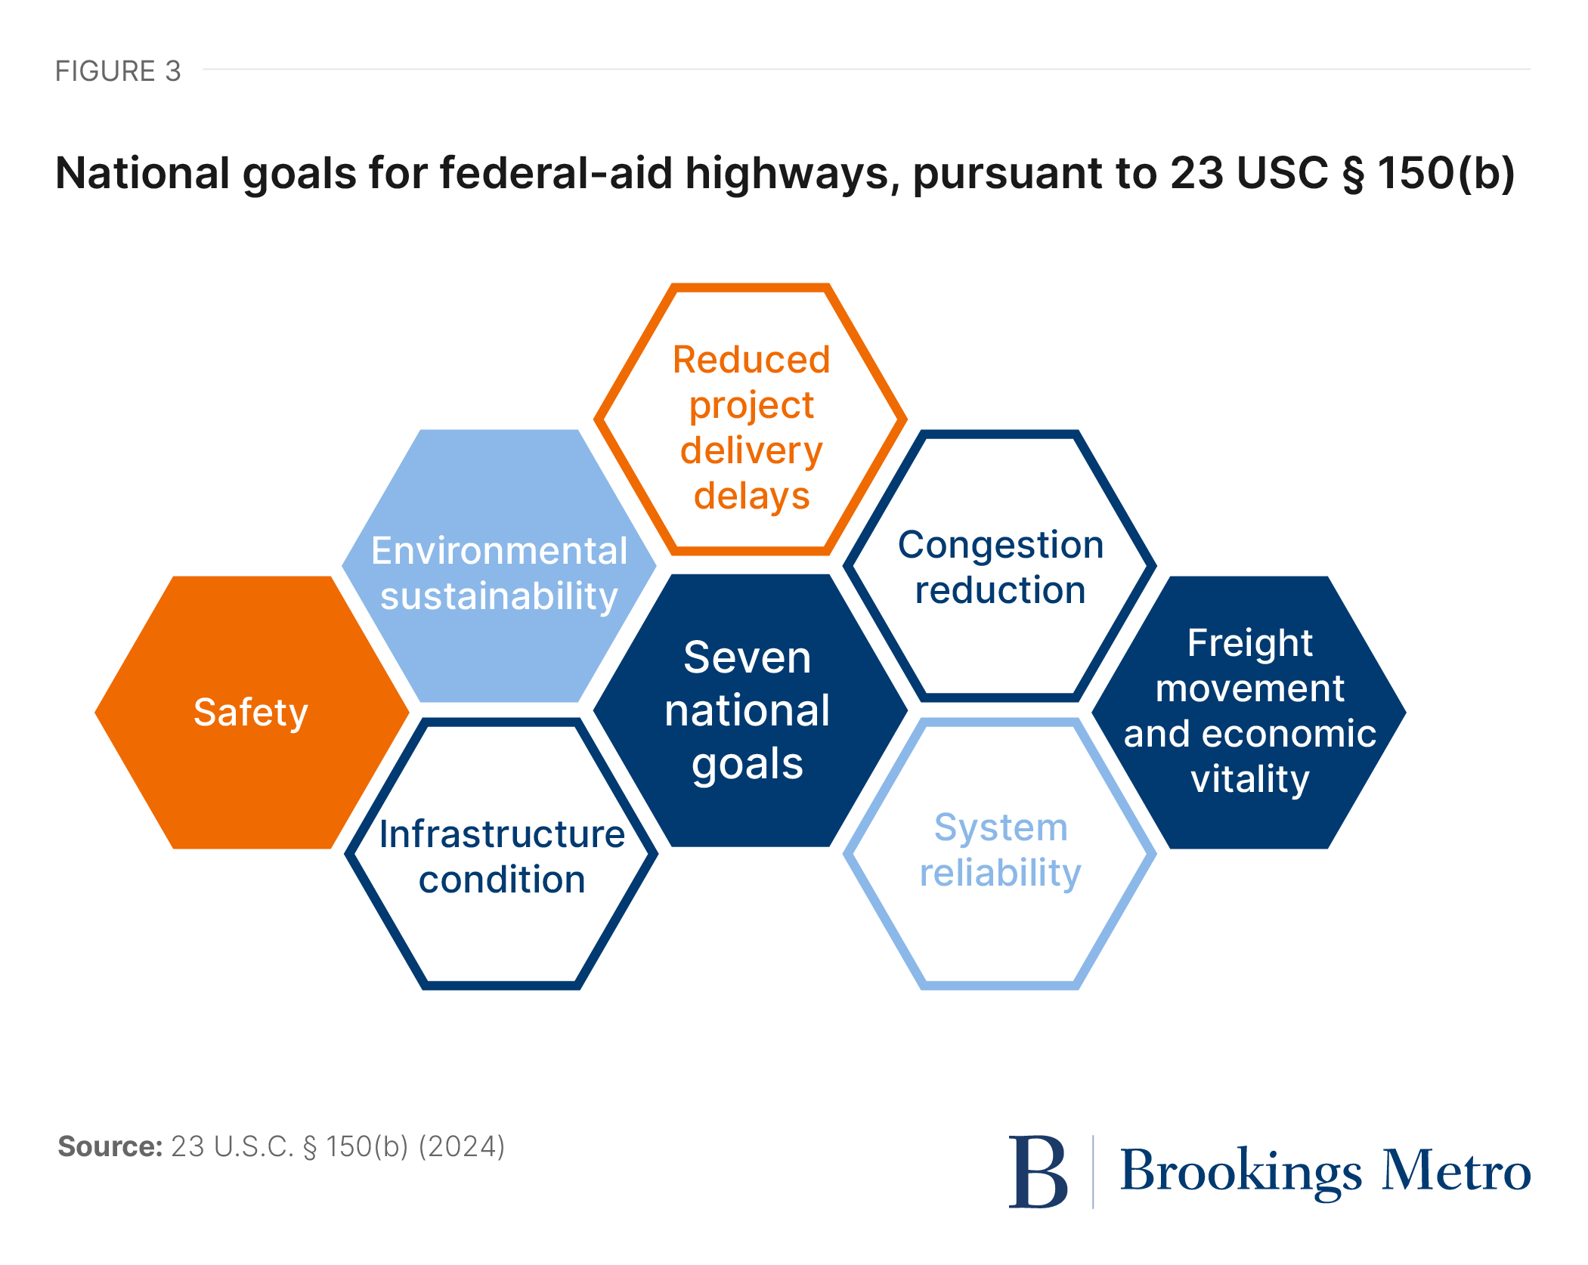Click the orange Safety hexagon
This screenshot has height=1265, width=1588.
[251, 712]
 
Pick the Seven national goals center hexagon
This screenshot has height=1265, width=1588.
[749, 710]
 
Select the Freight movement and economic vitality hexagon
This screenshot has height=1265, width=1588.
[1249, 712]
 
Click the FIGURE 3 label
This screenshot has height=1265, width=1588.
[118, 71]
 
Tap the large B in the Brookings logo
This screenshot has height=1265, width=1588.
[1038, 1171]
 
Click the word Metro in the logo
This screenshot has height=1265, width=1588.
[1456, 1171]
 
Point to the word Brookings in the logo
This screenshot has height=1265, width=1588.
[1240, 1171]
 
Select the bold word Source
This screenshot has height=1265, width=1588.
[110, 1146]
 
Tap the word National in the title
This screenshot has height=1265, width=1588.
[143, 173]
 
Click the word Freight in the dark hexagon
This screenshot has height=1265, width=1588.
[1249, 643]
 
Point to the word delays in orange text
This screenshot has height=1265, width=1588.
[752, 496]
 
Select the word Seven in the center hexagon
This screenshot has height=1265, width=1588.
[748, 657]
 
